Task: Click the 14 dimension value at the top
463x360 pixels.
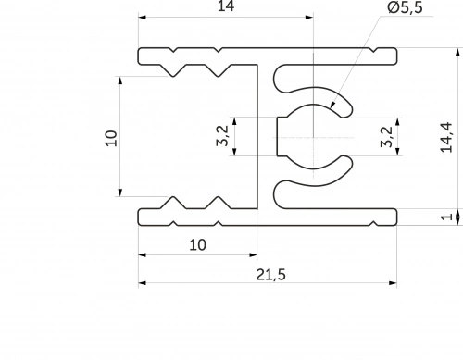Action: (226, 6)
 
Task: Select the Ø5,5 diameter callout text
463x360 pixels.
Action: (405, 7)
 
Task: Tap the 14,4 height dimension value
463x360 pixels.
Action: (446, 137)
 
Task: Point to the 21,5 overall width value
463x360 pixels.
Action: (271, 274)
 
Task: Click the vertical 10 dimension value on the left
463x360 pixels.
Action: (111, 138)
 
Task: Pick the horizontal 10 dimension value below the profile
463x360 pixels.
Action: (197, 245)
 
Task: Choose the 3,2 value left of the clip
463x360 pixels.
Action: (223, 135)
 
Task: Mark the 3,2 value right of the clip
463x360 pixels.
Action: (387, 137)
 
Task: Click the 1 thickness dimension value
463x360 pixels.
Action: (446, 217)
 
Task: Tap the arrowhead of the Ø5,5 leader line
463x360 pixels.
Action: (332, 105)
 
